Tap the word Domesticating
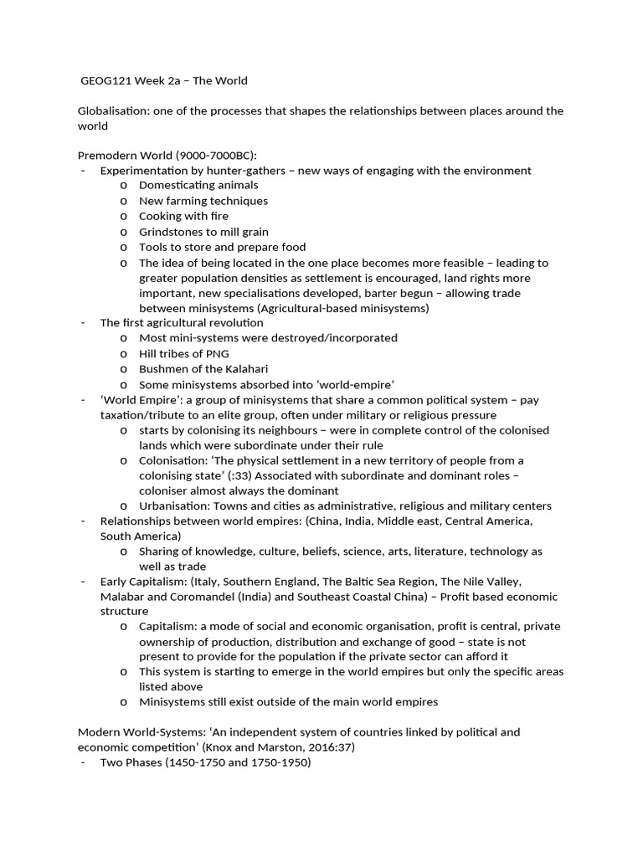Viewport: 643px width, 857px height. (x=177, y=185)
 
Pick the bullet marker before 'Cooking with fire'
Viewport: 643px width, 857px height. (x=124, y=216)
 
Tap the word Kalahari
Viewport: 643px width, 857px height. (x=243, y=369)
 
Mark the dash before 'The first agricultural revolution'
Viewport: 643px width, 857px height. (x=83, y=323)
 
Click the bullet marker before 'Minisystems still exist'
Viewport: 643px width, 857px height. (x=124, y=701)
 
